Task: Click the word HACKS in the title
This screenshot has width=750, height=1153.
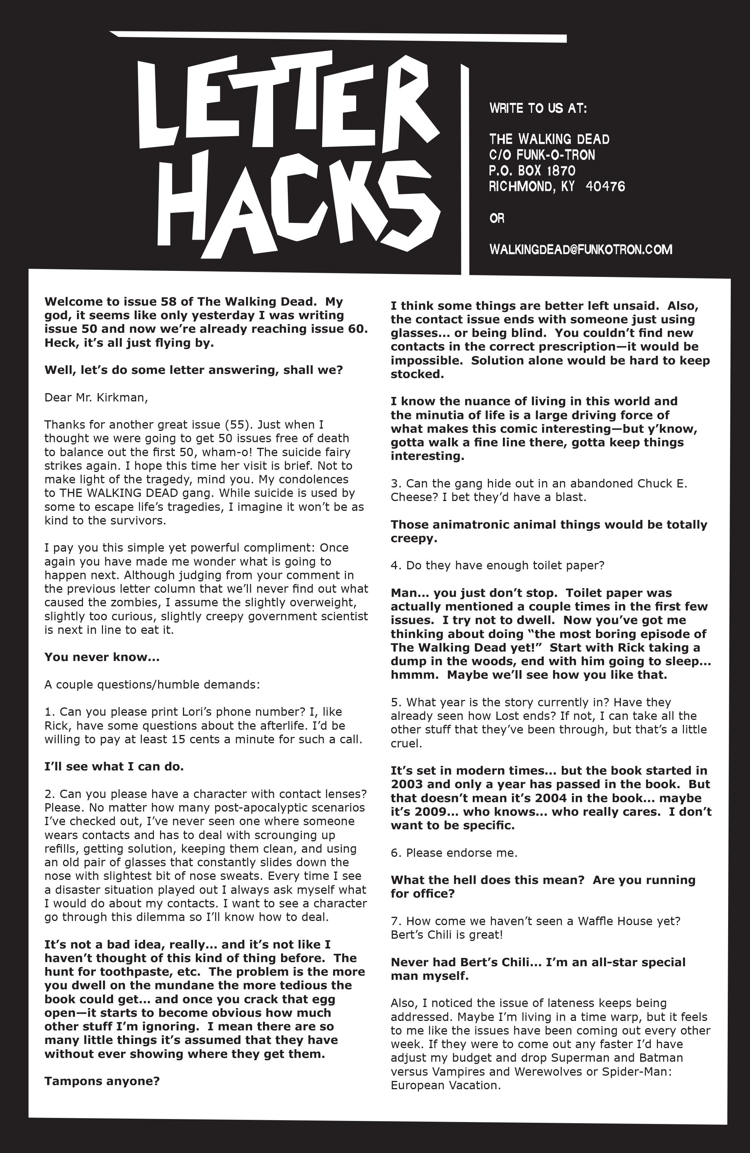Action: click(298, 203)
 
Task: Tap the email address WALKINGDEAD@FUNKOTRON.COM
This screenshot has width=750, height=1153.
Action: click(581, 249)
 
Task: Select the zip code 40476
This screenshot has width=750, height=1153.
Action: click(605, 186)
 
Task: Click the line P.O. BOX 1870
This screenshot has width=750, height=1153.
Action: click(532, 171)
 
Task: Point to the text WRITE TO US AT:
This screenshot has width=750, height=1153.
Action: click(538, 108)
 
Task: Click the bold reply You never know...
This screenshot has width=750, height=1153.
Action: click(102, 657)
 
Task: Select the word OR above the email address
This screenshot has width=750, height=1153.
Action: click(496, 218)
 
